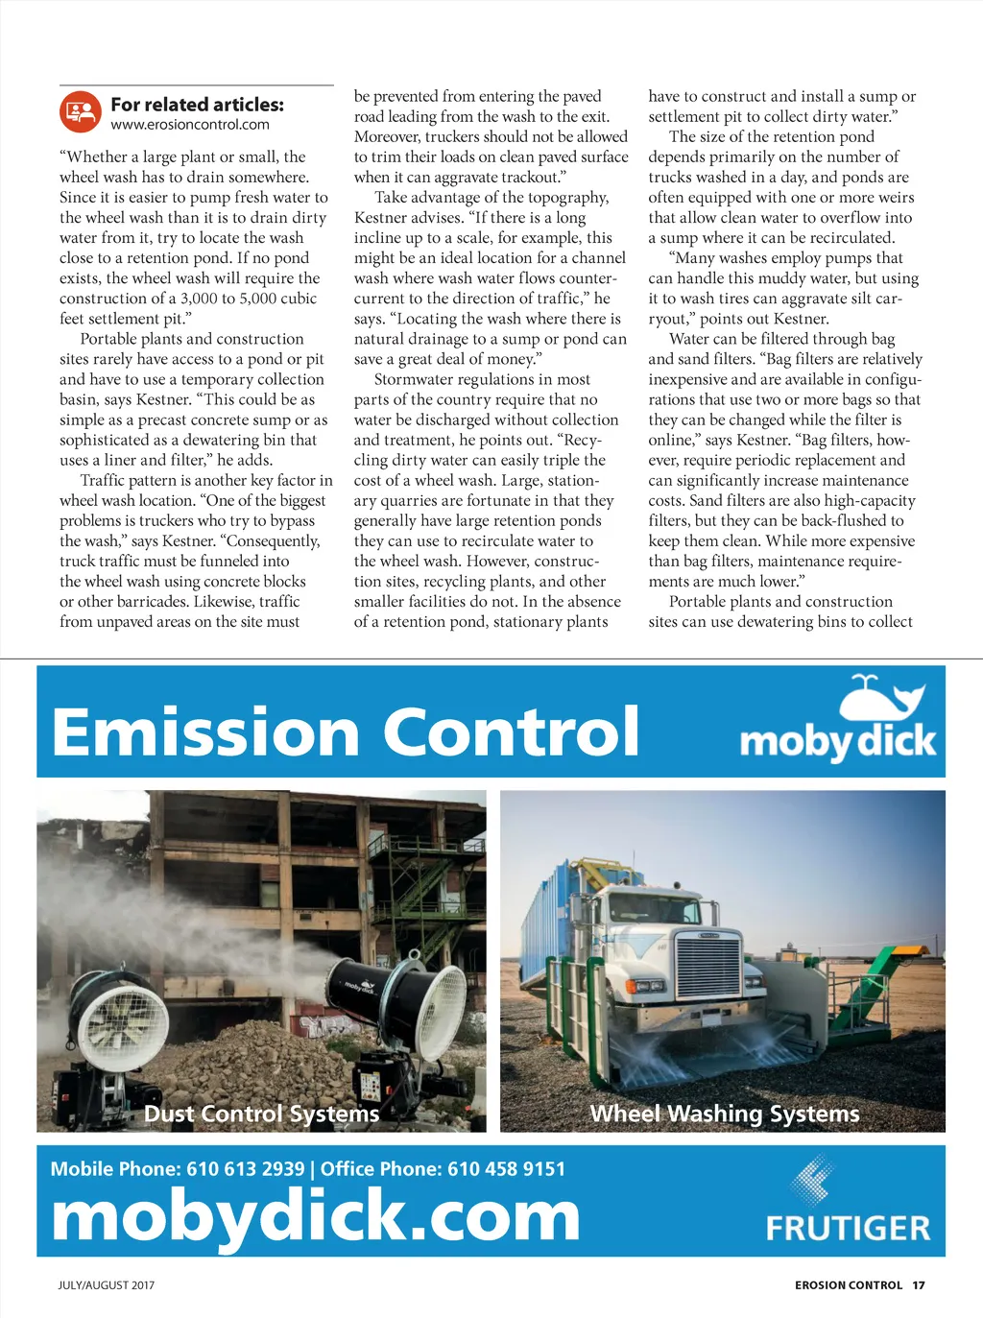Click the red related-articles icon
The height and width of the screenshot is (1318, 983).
pos(81,112)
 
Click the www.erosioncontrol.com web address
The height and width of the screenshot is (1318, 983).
pos(190,125)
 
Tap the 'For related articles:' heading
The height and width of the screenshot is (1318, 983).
pos(197,105)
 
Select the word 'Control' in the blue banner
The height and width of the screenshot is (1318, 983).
pos(512,731)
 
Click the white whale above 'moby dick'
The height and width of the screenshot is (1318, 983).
pos(880,698)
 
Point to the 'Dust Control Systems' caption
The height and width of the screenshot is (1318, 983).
pos(261,1114)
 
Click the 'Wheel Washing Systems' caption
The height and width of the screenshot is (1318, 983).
pos(724,1114)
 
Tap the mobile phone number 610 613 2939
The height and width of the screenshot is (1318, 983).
pos(245,1169)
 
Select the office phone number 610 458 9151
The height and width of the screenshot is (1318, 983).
pos(506,1169)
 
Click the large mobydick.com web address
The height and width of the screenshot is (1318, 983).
pos(315,1217)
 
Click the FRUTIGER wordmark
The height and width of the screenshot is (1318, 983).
pos(848,1228)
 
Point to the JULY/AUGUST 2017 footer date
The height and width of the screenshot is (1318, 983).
pos(106,1285)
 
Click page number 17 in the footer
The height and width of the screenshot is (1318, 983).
pos(919,1285)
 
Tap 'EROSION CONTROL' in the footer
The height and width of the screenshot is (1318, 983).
pos(849,1285)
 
